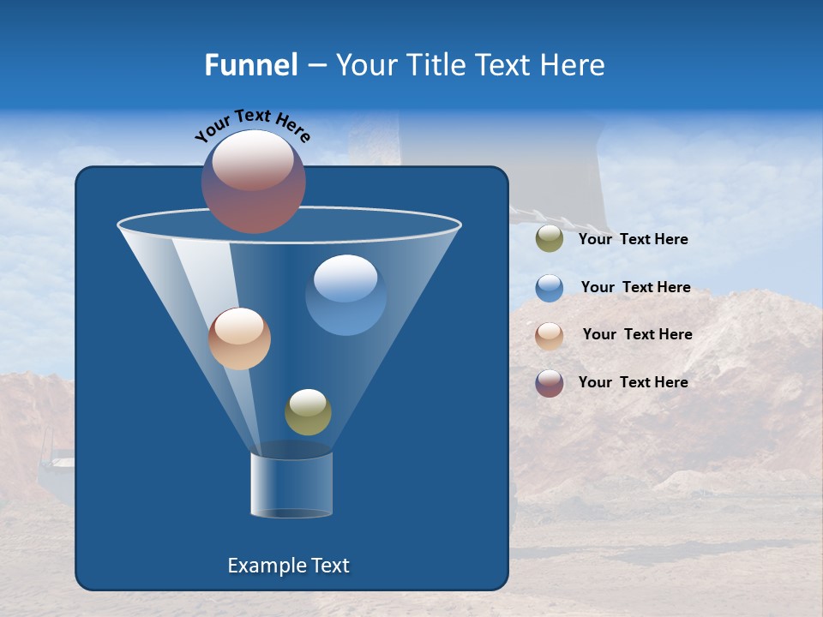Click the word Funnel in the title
(250, 65)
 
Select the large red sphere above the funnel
(254, 182)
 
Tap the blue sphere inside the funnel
(345, 296)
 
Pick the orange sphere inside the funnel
(240, 338)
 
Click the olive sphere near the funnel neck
(308, 412)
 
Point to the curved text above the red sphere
(253, 125)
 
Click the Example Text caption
(288, 566)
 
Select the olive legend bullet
(550, 239)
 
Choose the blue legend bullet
(550, 288)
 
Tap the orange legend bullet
(550, 336)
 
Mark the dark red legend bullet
(550, 383)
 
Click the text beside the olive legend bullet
(633, 240)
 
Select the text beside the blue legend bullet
(635, 288)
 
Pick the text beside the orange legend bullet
(637, 335)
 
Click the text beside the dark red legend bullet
(633, 383)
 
